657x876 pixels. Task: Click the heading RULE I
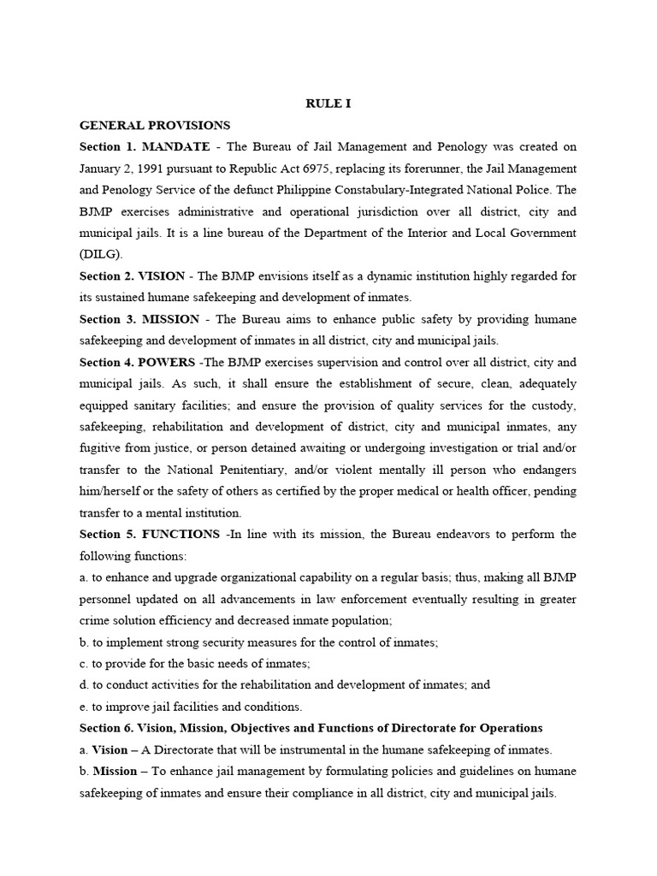(x=328, y=104)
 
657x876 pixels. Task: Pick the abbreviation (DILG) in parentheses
(x=101, y=254)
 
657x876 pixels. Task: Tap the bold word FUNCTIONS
(x=180, y=535)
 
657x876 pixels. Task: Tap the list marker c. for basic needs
(x=84, y=664)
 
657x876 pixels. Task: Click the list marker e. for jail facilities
(x=84, y=707)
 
